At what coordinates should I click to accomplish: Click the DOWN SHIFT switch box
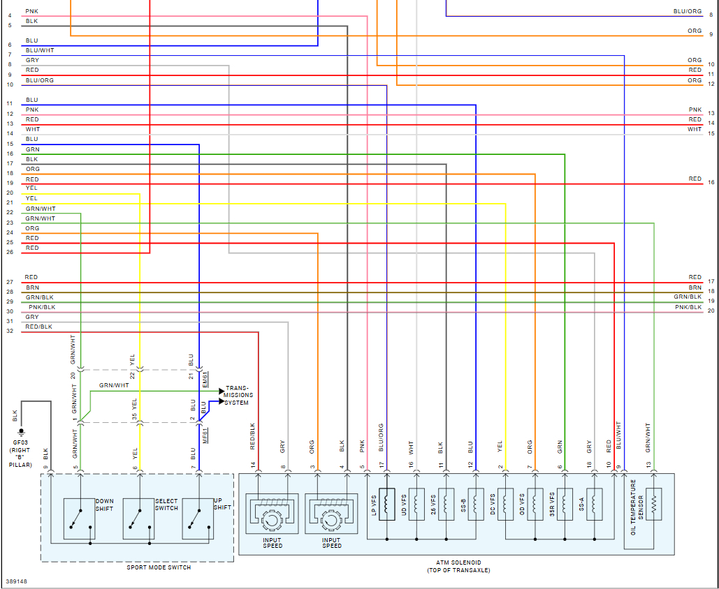point(79,518)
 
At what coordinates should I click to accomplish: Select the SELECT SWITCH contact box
point(138,518)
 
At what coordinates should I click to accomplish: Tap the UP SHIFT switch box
point(198,518)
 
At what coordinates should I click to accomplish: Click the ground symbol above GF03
point(21,431)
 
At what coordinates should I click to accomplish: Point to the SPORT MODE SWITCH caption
point(158,567)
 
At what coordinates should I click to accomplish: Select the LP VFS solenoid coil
point(386,504)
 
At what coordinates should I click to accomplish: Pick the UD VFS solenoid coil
point(416,504)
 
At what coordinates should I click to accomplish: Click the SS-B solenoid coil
point(476,504)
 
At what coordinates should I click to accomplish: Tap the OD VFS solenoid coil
point(535,504)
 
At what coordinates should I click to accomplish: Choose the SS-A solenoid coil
point(595,504)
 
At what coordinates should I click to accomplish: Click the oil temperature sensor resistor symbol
point(654,504)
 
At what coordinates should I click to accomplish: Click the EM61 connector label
point(205,380)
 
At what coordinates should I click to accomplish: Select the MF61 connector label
point(205,438)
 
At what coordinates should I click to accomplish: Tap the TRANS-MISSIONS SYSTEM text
point(238,396)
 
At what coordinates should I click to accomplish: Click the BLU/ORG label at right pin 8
point(688,12)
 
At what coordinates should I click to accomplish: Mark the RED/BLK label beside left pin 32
point(38,327)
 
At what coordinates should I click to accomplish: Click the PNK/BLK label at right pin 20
point(688,308)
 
